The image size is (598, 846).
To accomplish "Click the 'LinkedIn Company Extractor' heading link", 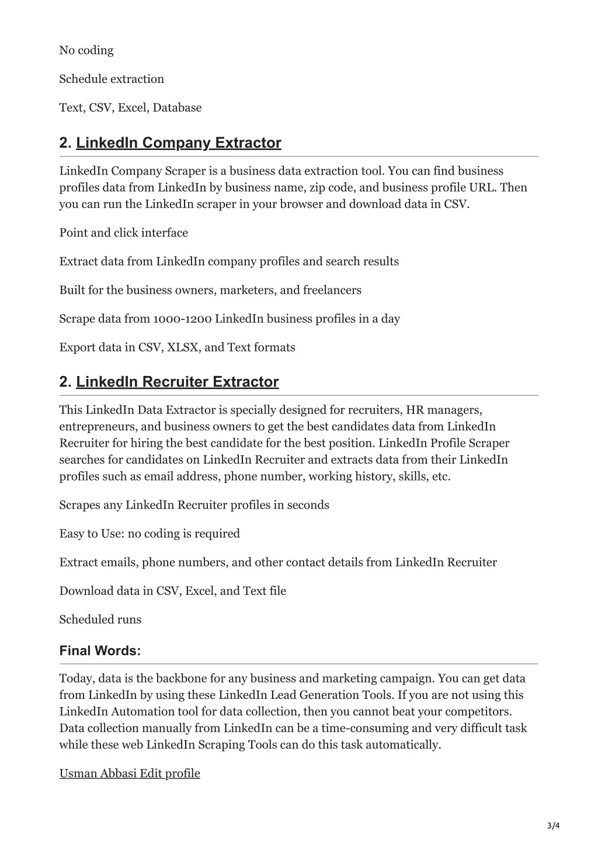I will pos(179,143).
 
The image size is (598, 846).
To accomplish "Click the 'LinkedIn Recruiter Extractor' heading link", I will pos(178,382).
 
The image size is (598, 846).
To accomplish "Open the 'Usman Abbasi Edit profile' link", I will pos(130,773).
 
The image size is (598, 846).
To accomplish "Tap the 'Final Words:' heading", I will pos(100,650).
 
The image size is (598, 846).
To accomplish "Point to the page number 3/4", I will pos(554,825).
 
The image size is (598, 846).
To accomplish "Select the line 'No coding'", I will pos(86,50).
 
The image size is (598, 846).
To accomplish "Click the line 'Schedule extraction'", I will pos(112,79).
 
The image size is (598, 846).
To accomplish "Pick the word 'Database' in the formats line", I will pos(177,107).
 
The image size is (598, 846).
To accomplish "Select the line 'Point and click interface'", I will pos(124,232).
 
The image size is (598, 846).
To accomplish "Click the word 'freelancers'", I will pos(332,290).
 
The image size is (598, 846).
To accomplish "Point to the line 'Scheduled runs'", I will pos(100,619).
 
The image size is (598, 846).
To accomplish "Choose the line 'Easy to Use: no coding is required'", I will pos(149,534).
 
